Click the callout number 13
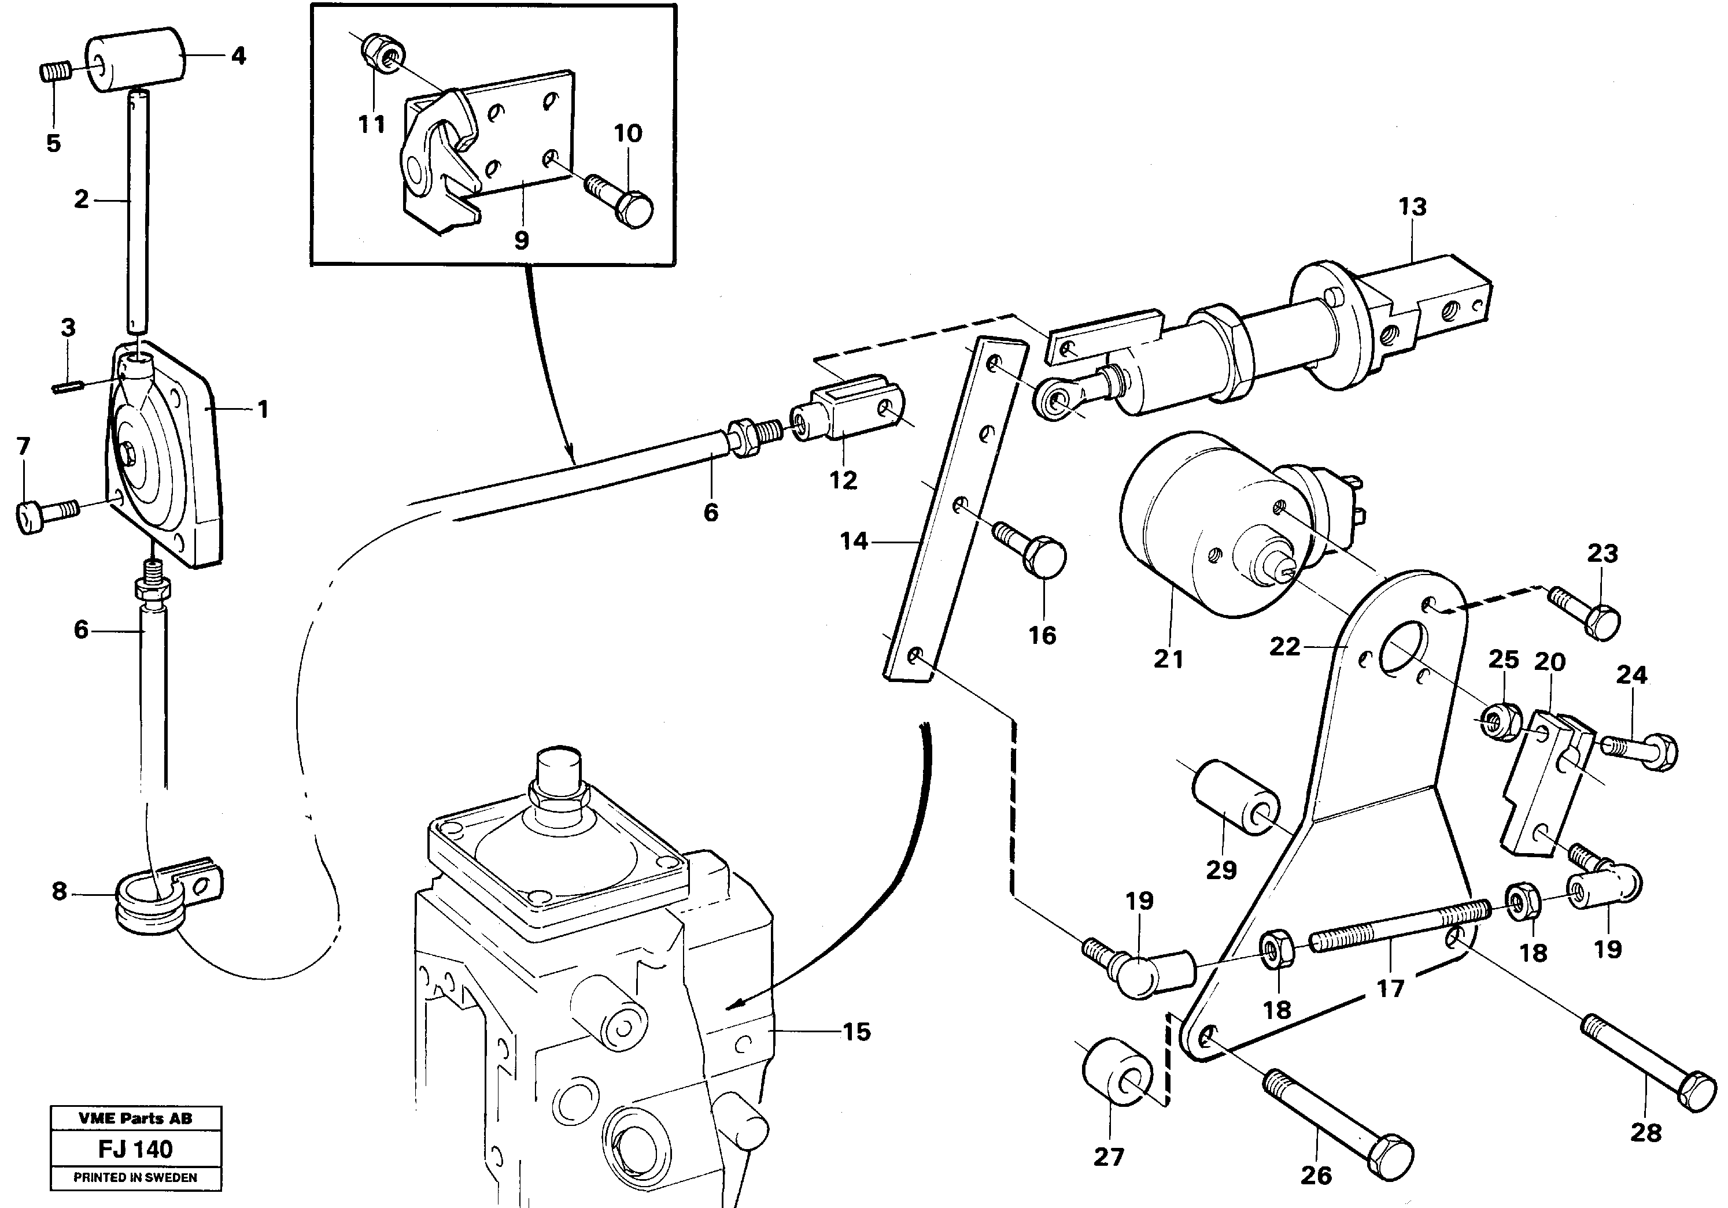point(1412,207)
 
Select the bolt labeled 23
point(1584,613)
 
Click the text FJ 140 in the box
point(135,1148)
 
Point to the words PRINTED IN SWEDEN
point(135,1178)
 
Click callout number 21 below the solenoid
point(1168,659)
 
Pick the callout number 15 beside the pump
point(856,1032)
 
